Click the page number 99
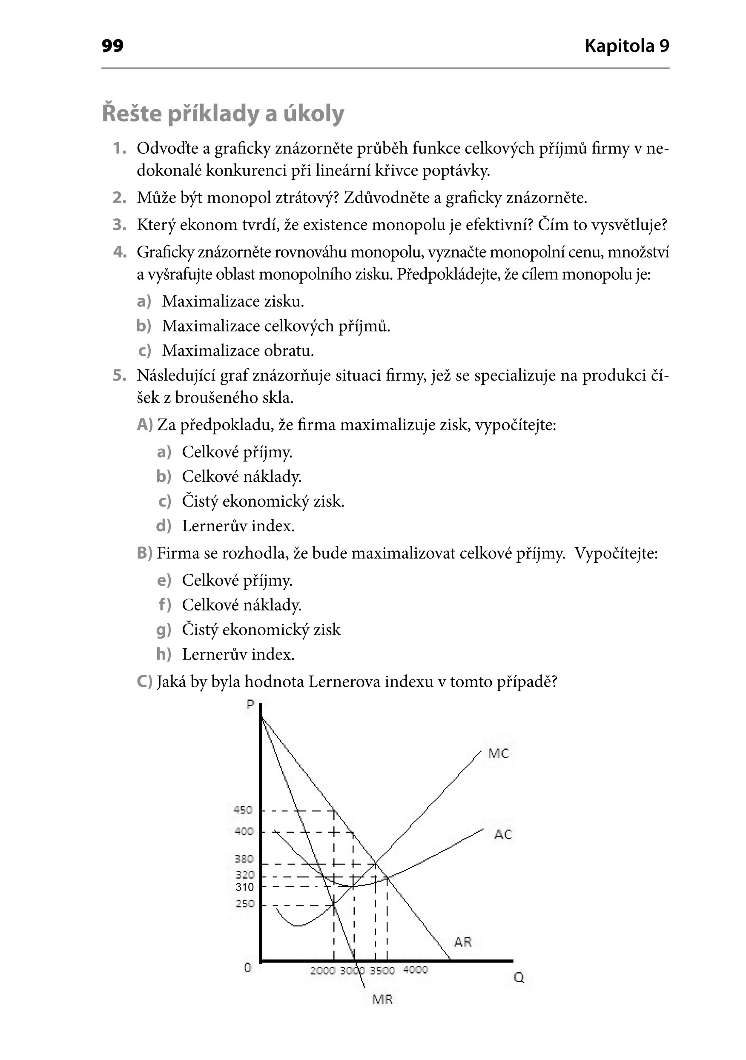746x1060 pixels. [x=112, y=46]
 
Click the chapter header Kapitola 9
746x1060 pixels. [x=626, y=46]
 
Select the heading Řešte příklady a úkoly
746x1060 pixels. [x=223, y=114]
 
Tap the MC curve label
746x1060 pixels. [x=499, y=754]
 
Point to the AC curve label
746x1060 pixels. [x=502, y=835]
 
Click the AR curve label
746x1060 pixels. [x=462, y=942]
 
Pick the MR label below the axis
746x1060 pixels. [x=382, y=1000]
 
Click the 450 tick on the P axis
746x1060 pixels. [x=244, y=810]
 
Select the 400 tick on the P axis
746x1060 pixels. [x=244, y=831]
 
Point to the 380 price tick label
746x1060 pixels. [x=244, y=859]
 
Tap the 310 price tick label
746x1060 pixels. [x=244, y=887]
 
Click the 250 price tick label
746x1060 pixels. [x=245, y=904]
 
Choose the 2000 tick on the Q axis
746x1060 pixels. [x=322, y=971]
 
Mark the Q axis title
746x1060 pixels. [x=519, y=978]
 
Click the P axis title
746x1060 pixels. [x=250, y=705]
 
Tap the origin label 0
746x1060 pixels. [x=247, y=968]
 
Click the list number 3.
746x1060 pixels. [x=119, y=225]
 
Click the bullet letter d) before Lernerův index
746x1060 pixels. [x=163, y=526]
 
